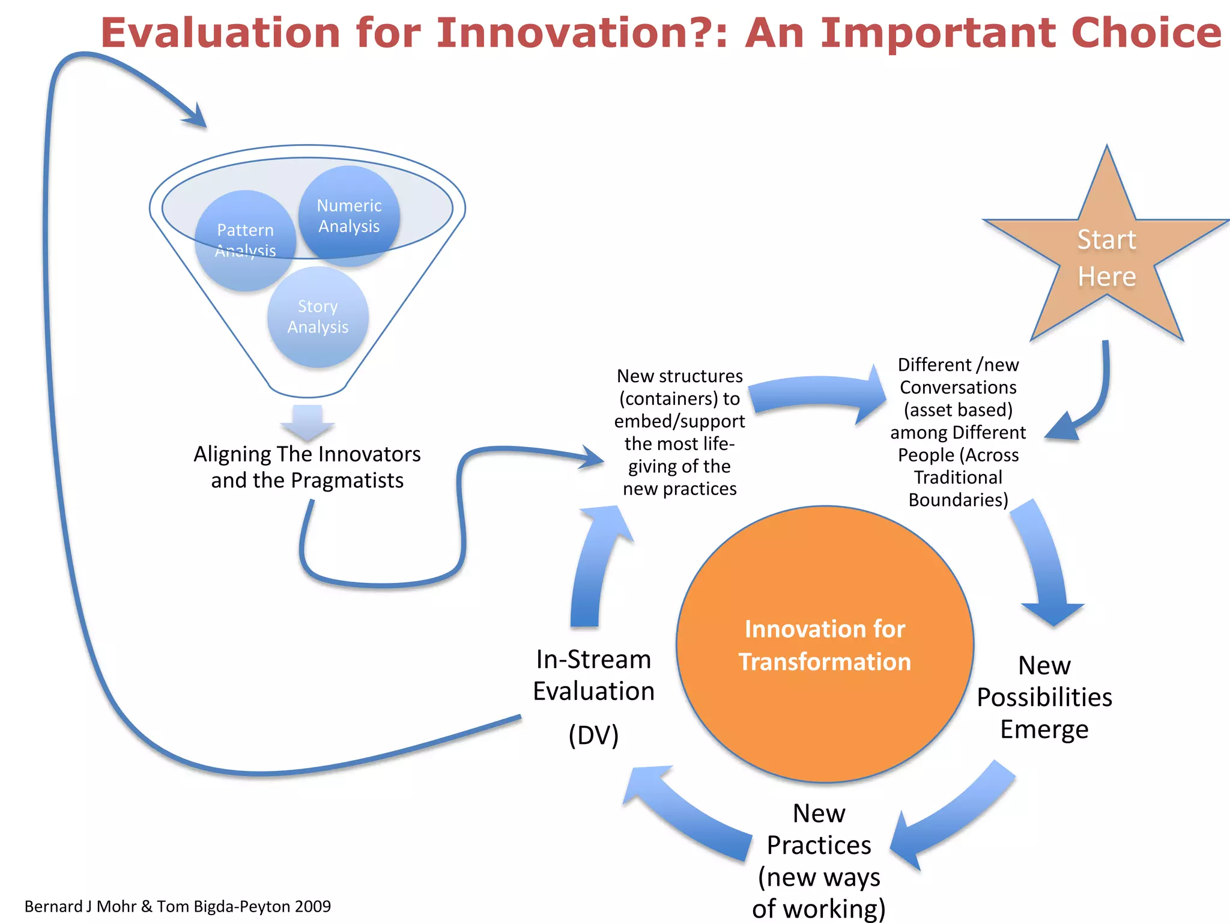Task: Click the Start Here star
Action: click(x=1106, y=258)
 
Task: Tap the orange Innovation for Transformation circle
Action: click(x=825, y=645)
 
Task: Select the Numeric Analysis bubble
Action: click(x=349, y=216)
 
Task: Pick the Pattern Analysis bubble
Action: click(x=245, y=240)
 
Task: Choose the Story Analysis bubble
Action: click(x=318, y=317)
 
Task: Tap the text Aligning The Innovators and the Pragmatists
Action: click(x=307, y=467)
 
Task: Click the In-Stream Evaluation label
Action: click(x=593, y=675)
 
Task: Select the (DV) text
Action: click(x=593, y=735)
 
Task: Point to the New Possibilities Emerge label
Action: click(x=1044, y=697)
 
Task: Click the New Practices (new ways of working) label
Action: click(x=819, y=861)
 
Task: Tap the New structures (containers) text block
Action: click(x=680, y=432)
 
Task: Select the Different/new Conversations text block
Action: click(x=958, y=432)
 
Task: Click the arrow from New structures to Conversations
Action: click(x=817, y=394)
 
